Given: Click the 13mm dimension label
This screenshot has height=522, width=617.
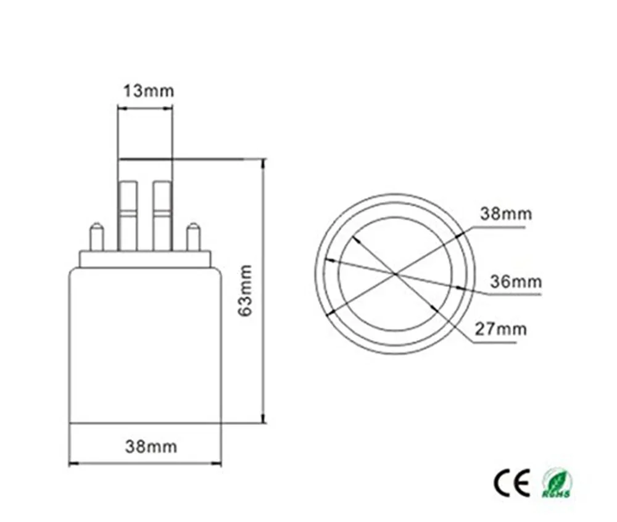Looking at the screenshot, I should [147, 91].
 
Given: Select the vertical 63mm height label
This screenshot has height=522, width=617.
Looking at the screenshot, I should [245, 290].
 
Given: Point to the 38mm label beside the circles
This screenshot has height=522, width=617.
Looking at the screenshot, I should [505, 214].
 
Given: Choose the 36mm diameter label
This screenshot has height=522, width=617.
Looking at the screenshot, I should [515, 283].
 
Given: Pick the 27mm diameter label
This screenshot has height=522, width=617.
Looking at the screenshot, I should [500, 328].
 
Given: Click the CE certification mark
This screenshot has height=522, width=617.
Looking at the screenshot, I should [511, 483].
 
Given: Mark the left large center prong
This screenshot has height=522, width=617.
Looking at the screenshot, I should [128, 215].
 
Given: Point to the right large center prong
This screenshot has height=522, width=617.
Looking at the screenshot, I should [162, 215].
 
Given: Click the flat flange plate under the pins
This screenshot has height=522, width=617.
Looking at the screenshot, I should [144, 259].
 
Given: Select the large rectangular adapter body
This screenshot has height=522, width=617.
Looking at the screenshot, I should [144, 346].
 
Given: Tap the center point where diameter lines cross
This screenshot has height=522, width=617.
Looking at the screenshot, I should [395, 273].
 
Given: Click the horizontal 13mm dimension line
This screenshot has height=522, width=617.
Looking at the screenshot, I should [145, 109].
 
